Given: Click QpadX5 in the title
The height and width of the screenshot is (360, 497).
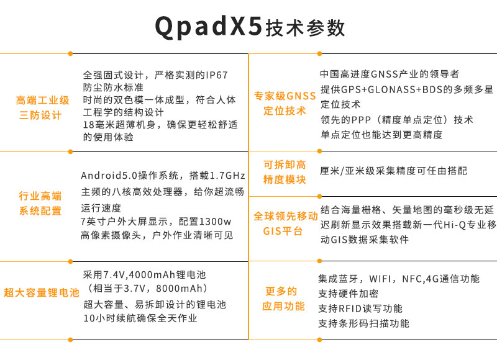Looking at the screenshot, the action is point(209,27).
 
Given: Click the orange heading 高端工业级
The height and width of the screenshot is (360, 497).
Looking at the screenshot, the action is point(42,101).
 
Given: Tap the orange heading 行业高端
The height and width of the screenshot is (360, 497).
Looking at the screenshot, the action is point(40,196).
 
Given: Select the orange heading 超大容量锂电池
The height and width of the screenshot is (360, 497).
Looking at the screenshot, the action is point(41,292).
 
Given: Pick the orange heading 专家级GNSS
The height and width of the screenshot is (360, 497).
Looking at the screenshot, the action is point(285,96).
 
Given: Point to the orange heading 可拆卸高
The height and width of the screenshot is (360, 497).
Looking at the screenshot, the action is point(285,164).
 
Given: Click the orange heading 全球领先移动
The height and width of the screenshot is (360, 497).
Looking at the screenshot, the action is point(286,216).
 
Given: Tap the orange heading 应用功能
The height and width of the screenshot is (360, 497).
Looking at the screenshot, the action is point(283,306).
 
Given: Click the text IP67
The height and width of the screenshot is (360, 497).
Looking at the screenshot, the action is point(217,75).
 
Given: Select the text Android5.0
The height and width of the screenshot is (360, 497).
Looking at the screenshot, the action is point(109,176).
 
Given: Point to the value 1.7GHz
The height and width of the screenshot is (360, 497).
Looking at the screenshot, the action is point(227,176).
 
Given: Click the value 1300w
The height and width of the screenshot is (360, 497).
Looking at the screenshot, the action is point(215,222).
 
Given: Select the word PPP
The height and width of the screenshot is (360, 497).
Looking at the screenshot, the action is point(361,120).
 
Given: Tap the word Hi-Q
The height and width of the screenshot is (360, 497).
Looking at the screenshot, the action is point(455,225).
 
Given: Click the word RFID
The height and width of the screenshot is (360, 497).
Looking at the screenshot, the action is point(350,308).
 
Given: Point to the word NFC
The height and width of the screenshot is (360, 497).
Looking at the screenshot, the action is point(412,279).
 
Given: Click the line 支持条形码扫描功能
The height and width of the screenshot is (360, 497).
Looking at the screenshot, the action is point(364,323).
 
